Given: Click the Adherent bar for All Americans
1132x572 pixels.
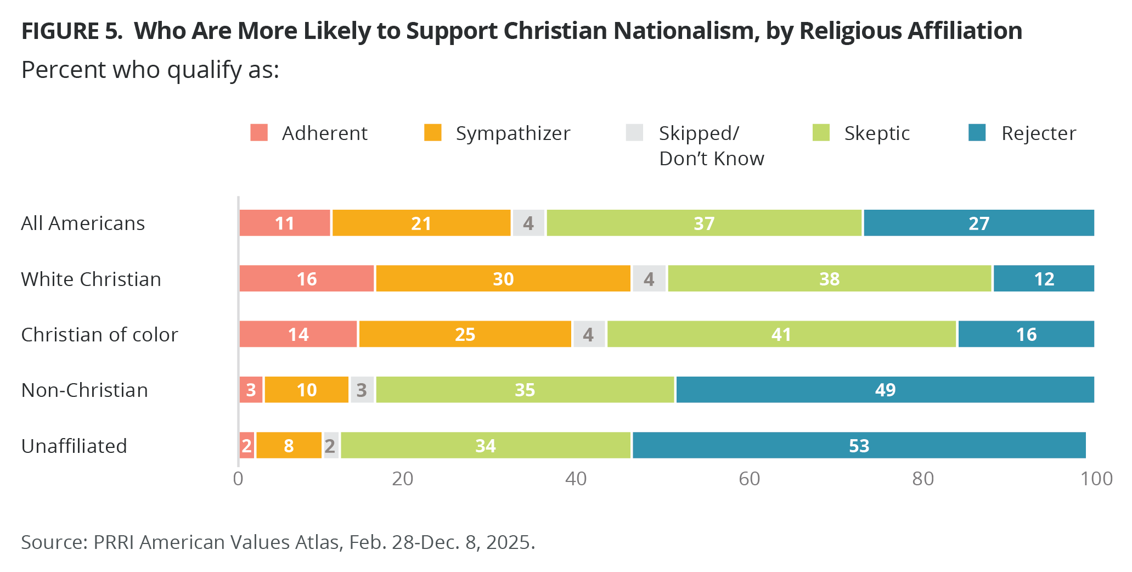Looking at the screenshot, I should pyautogui.click(x=285, y=223).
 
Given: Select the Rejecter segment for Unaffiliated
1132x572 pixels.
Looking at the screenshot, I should pyautogui.click(x=859, y=445).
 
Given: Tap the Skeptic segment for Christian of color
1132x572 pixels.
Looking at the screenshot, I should pyautogui.click(x=781, y=334).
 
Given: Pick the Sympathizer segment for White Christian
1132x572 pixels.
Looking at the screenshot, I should pyautogui.click(x=503, y=279).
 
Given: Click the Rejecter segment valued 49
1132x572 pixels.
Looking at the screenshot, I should pyautogui.click(x=885, y=390).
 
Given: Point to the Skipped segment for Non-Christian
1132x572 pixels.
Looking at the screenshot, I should pyautogui.click(x=362, y=390).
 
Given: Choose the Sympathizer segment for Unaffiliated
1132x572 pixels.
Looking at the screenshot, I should pyautogui.click(x=289, y=445).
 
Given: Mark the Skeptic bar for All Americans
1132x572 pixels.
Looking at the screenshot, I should pyautogui.click(x=704, y=223).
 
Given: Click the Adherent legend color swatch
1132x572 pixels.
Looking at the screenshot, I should pyautogui.click(x=259, y=133).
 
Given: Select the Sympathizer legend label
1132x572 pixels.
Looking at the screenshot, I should pyautogui.click(x=513, y=133).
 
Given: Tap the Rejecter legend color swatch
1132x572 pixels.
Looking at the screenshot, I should pyautogui.click(x=977, y=133).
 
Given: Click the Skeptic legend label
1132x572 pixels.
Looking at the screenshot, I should pyautogui.click(x=877, y=133).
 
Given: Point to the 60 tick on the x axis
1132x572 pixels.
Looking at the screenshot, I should pyautogui.click(x=749, y=479).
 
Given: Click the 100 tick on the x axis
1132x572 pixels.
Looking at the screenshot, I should pyautogui.click(x=1096, y=479).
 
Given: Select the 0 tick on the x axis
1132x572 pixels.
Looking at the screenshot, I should pyautogui.click(x=238, y=479).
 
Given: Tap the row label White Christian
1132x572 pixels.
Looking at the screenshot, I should pyautogui.click(x=91, y=279).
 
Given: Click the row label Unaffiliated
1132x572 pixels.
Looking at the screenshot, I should pyautogui.click(x=74, y=446).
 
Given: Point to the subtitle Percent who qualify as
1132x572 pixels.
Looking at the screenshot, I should pyautogui.click(x=150, y=70).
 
